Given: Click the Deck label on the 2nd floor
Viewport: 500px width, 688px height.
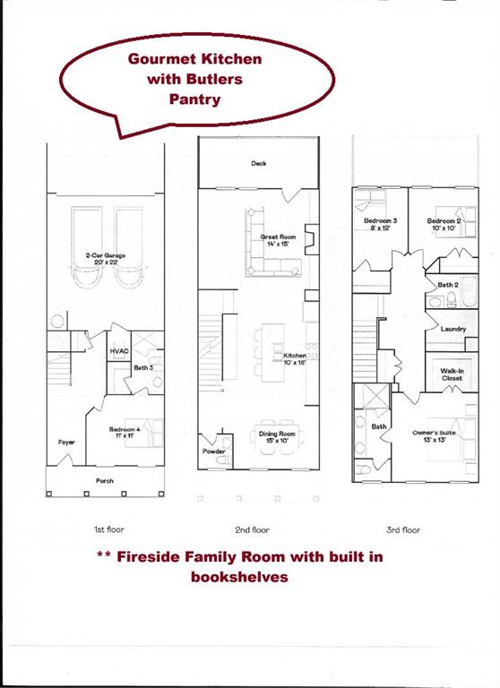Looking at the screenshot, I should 259,164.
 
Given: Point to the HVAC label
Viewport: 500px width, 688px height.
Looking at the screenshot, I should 120,351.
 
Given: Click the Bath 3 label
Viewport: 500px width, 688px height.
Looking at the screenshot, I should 142,368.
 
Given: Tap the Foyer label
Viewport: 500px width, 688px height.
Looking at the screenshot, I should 66,443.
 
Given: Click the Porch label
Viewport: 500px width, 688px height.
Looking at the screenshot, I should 105,481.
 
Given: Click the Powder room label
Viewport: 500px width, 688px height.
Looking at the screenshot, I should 214,451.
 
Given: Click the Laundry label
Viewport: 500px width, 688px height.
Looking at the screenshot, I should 453,329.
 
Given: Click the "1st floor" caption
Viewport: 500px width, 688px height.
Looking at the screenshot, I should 108,530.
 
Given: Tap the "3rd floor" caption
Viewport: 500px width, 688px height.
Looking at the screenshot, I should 402,530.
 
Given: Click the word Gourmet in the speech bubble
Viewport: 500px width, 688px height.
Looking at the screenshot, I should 161,59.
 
